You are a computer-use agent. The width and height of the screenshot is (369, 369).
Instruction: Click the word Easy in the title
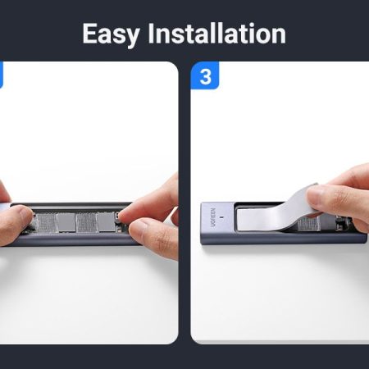pos(112,34)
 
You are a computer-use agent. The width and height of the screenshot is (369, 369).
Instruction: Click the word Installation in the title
pos(216,33)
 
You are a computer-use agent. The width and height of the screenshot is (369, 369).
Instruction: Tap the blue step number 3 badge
pos(205,75)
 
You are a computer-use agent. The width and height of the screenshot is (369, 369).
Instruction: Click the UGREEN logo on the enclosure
pos(213,217)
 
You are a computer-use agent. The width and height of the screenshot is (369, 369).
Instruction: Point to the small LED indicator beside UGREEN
pos(221,217)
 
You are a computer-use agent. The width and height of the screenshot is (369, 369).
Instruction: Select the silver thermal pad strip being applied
pos(276,213)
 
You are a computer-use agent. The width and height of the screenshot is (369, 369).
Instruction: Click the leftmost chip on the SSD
pos(47,223)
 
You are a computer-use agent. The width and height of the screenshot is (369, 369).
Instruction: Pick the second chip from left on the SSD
pos(66,222)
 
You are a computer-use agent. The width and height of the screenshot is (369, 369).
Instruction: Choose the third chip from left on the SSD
pos(86,222)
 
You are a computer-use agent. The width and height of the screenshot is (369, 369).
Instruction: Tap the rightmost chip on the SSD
pos(106,221)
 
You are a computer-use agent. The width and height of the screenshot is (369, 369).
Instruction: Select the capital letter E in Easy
pos(90,34)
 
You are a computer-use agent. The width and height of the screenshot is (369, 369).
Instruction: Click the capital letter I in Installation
pos(151,34)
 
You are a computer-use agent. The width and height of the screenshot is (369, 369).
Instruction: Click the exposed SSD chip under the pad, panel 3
pos(308,224)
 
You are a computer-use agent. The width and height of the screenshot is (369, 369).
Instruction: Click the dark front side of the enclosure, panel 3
pos(285,239)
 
